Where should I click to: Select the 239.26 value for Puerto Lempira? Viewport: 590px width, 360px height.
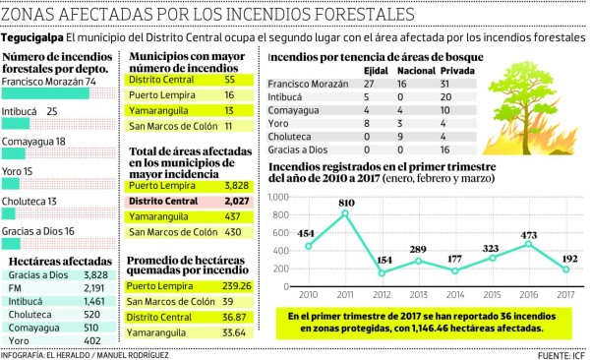click(230, 285)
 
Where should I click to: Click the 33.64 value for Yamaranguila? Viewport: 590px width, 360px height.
click(233, 332)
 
